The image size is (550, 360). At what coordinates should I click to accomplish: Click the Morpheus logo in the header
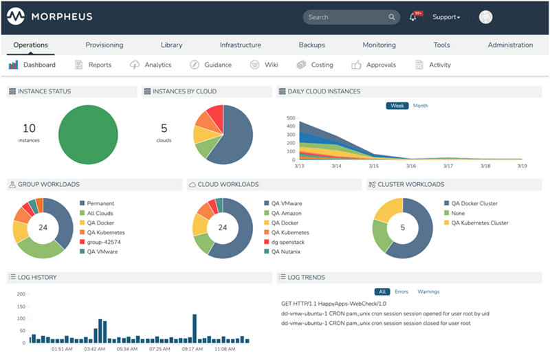(49, 16)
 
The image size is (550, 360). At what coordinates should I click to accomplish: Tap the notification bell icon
(413, 17)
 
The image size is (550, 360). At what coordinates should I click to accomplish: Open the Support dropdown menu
(446, 17)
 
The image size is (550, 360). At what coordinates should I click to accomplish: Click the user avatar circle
(486, 17)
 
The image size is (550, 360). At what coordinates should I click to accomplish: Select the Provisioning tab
(104, 45)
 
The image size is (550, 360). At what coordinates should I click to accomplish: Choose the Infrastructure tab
(240, 45)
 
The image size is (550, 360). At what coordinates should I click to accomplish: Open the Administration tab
(510, 45)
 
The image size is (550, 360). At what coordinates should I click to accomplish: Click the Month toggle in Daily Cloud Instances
(420, 106)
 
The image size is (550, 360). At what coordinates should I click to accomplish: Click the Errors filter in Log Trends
(401, 292)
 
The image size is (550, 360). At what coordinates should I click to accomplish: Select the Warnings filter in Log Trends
(428, 292)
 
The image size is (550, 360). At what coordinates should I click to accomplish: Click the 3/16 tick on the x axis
(410, 166)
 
